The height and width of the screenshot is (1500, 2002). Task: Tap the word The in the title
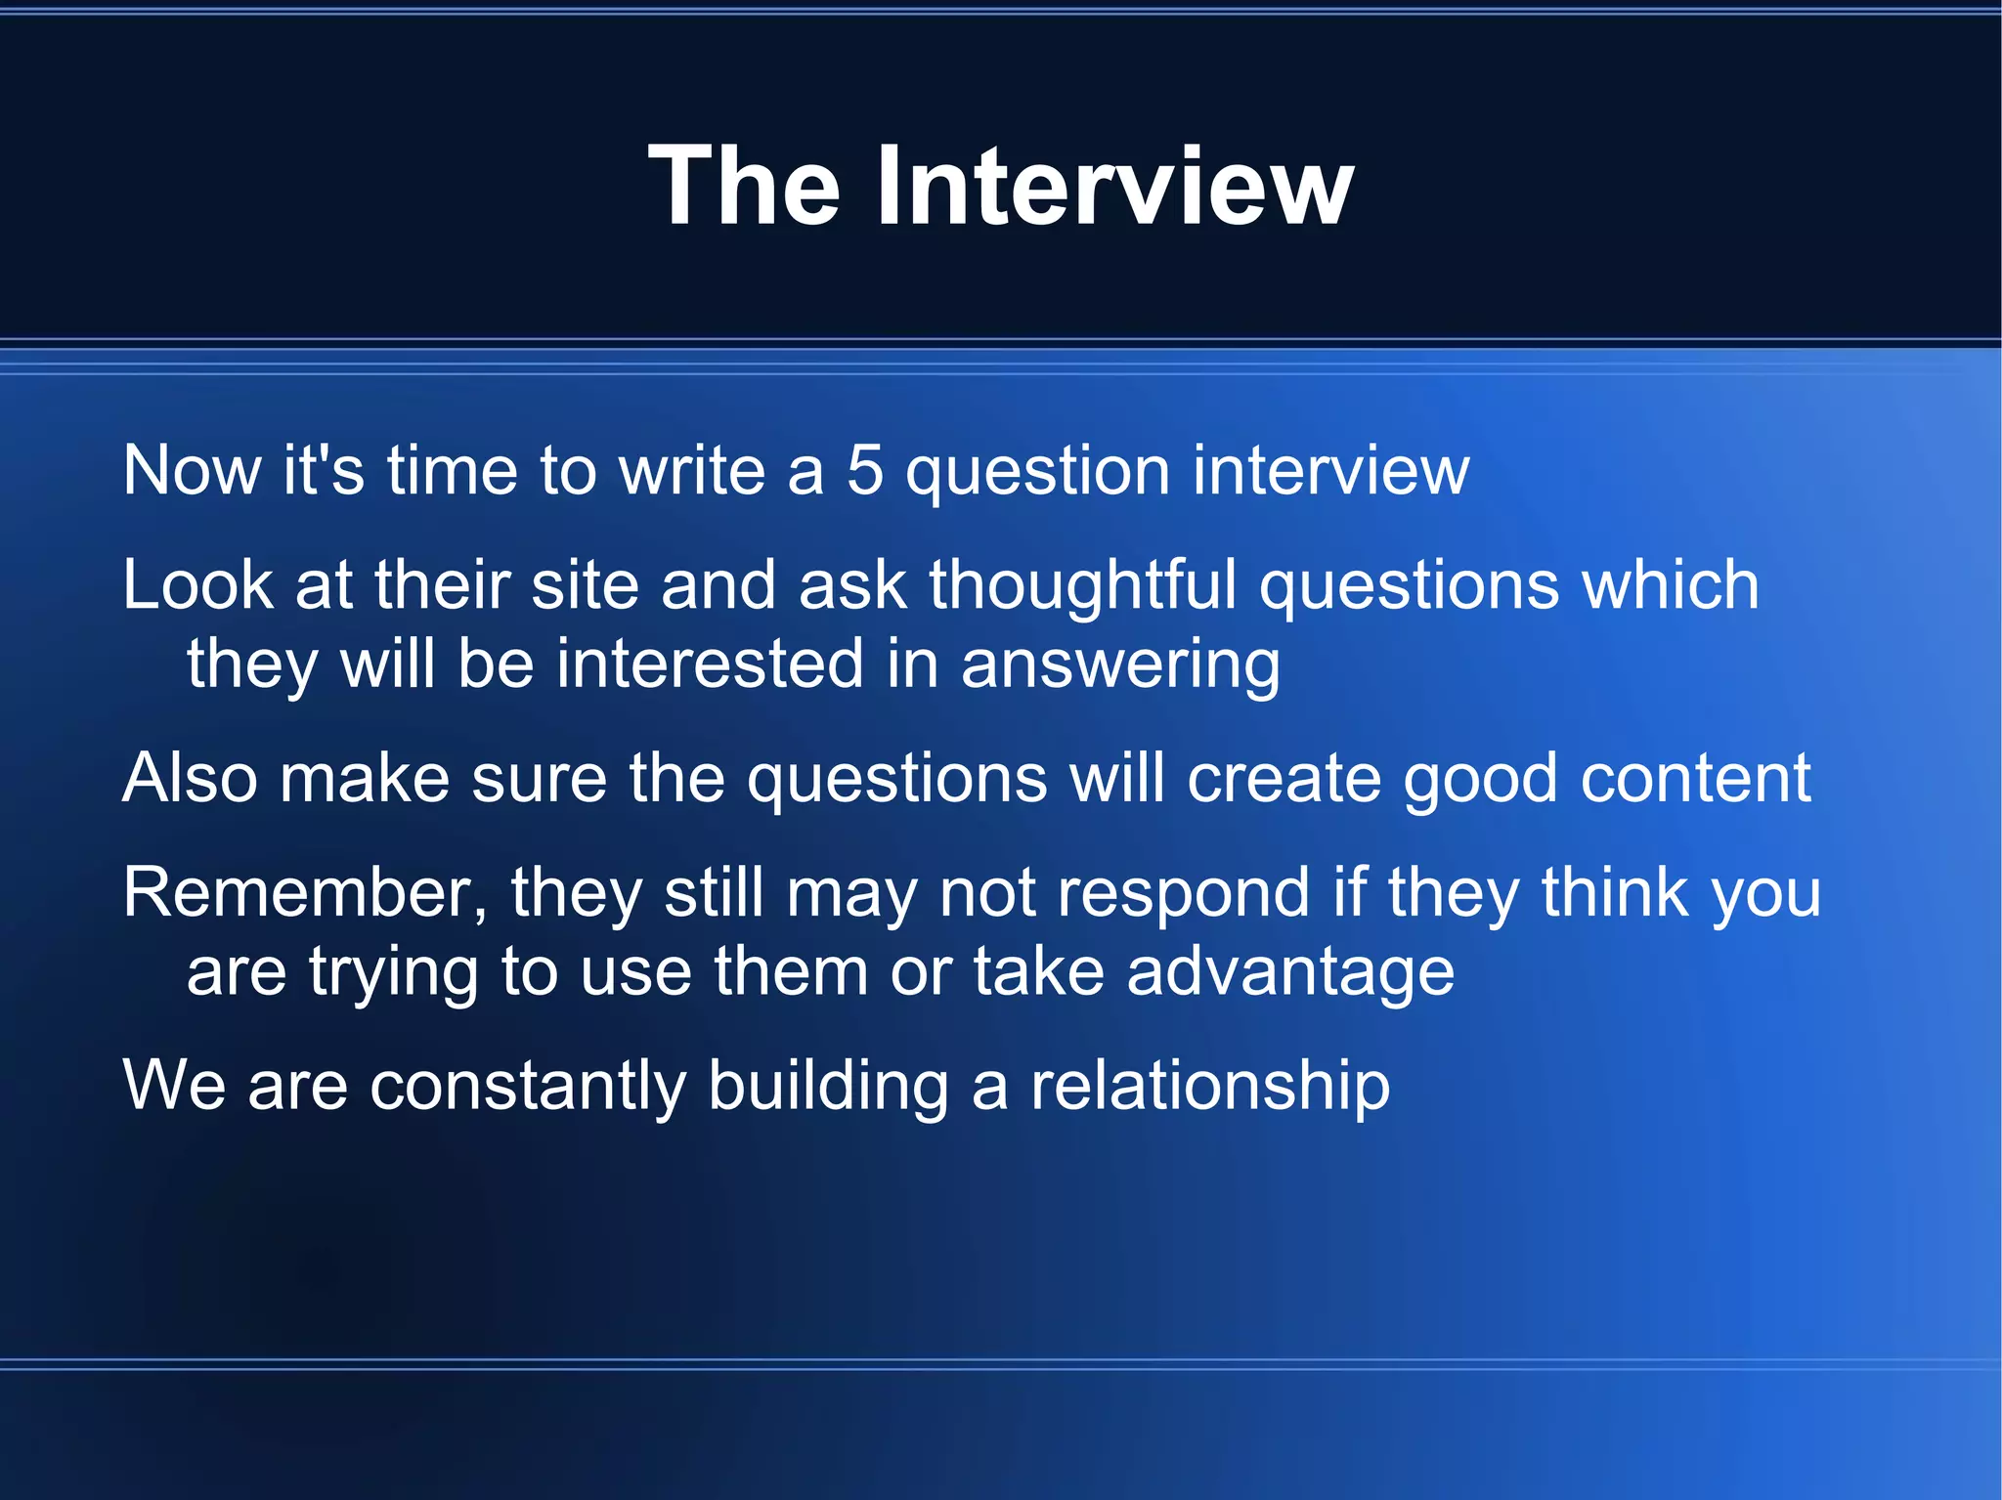744,186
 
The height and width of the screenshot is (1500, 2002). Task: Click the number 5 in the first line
865,471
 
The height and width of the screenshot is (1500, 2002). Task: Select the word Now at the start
192,471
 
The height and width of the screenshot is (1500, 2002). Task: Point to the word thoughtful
1083,585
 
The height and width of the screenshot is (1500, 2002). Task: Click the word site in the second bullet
585,585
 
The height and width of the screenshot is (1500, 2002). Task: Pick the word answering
1120,665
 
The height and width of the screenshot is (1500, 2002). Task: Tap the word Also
190,779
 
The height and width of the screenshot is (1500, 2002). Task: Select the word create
1284,779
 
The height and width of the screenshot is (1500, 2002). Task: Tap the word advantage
1290,973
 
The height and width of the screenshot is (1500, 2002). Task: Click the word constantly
528,1087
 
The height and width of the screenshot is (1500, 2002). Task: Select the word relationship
1210,1087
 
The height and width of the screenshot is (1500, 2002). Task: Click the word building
828,1087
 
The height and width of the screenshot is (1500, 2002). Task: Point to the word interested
711,665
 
